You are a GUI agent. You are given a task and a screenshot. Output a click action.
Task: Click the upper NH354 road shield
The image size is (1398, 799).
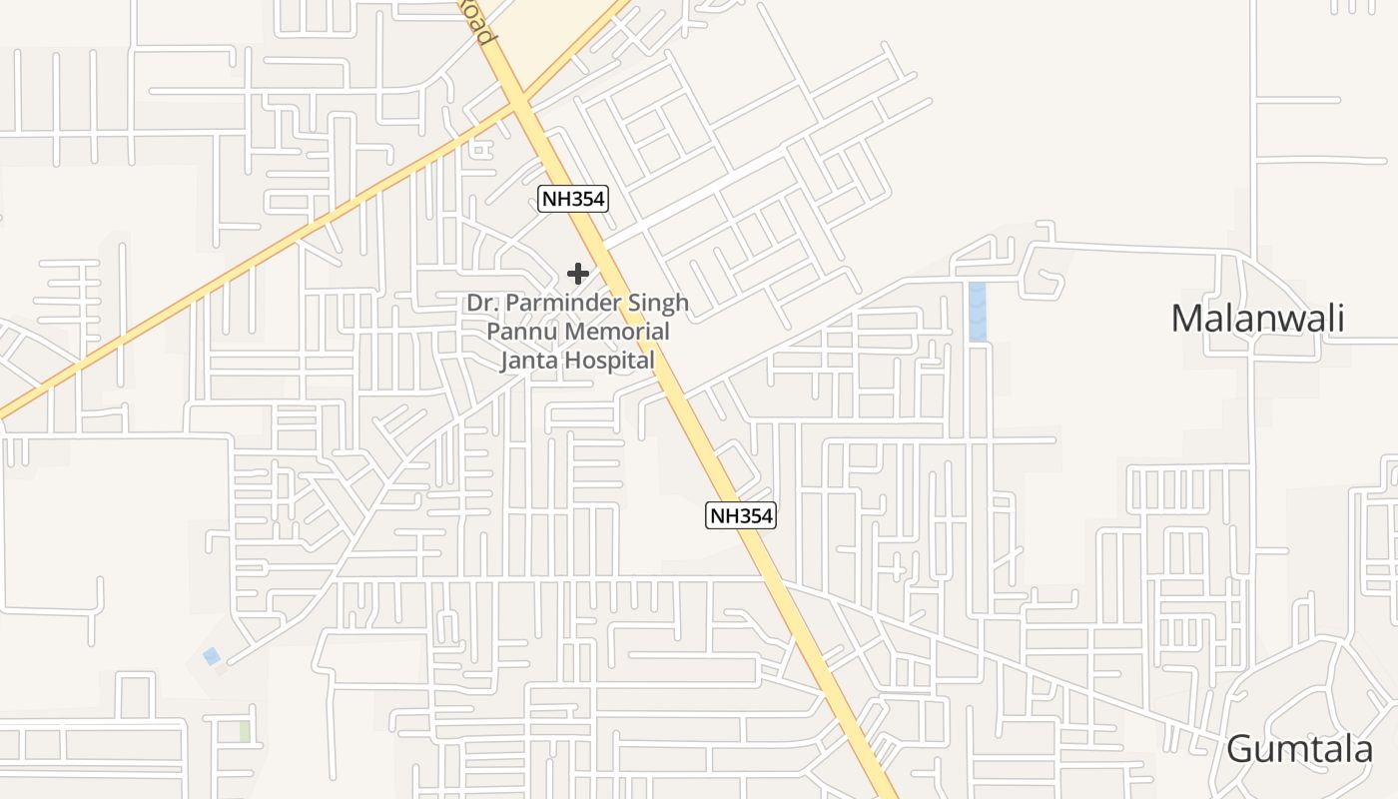coord(573,199)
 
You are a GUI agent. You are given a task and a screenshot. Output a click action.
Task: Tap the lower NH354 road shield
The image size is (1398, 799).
coord(741,515)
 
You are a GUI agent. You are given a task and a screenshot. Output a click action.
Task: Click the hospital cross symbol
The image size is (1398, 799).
coord(577,273)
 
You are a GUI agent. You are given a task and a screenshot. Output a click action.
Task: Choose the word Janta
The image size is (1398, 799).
coord(528,361)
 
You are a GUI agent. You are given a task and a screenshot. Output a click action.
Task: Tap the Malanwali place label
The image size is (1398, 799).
coord(1257,319)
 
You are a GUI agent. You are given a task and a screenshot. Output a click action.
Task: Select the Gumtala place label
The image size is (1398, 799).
coord(1299,749)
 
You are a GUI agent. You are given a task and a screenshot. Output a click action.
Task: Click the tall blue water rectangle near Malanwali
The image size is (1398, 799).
coord(977,312)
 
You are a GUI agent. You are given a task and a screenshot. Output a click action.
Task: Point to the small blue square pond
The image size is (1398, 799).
coord(212,656)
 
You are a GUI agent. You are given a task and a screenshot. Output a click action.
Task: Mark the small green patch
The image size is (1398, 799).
coord(245,731)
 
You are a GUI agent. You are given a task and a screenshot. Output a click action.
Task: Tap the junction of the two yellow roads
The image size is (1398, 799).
coord(518,101)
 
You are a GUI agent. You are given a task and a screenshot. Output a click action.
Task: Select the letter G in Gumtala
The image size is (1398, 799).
coord(1241,749)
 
